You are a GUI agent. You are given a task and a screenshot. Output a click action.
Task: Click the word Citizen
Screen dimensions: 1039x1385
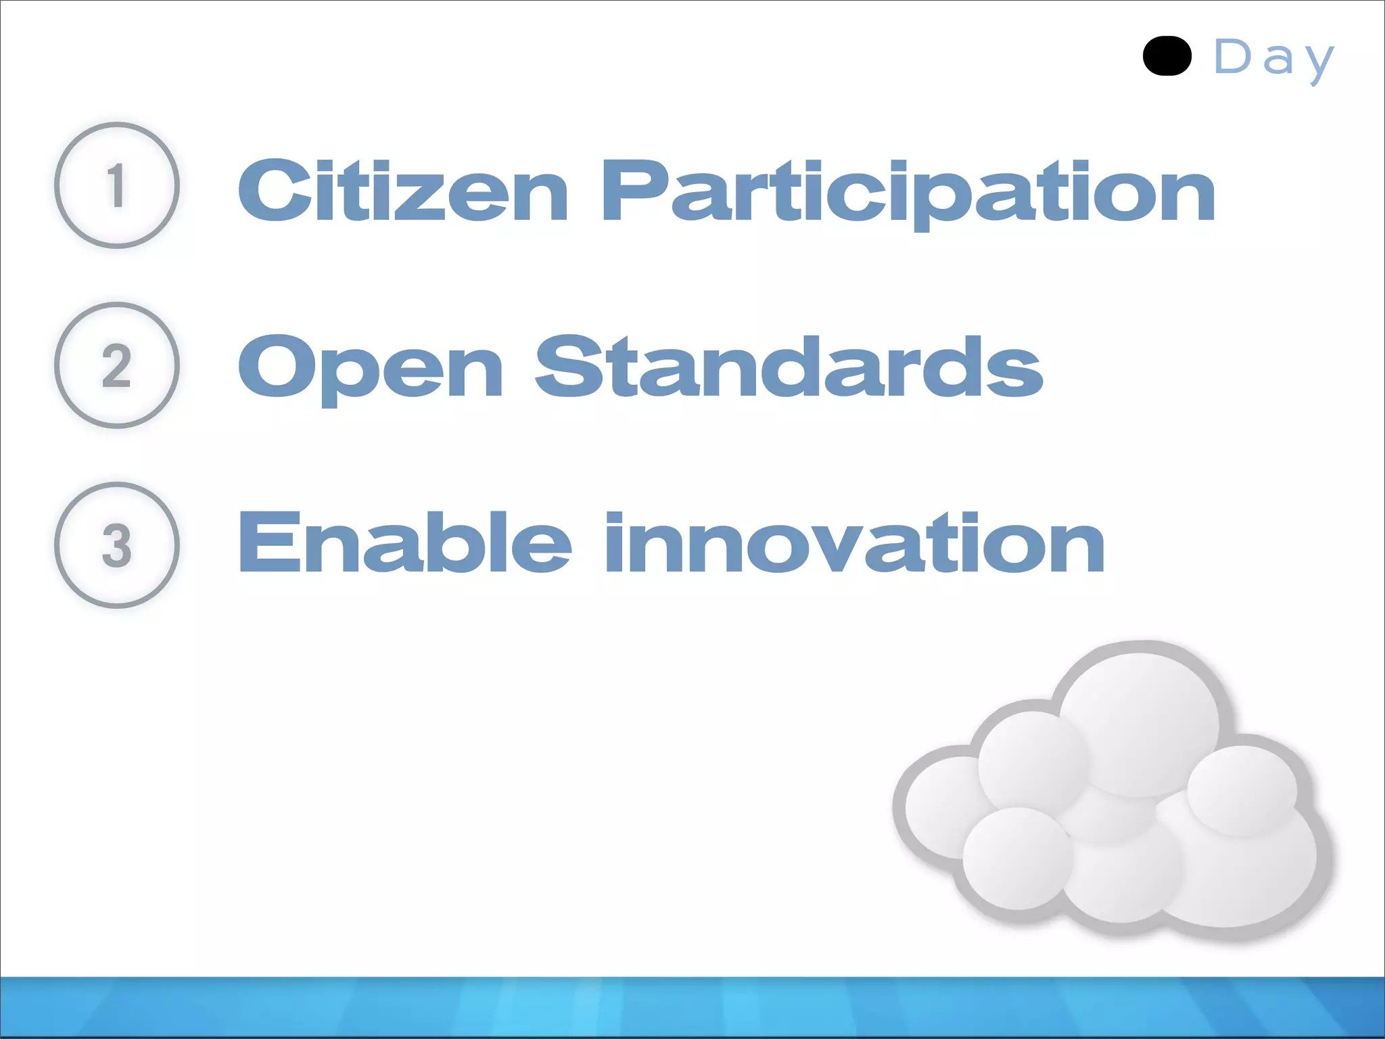403,191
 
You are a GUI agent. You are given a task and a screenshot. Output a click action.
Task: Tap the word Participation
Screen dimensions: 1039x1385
908,192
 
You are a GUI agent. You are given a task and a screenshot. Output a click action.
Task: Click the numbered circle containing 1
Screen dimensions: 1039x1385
117,185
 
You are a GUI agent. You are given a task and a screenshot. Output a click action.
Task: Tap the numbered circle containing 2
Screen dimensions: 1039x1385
117,365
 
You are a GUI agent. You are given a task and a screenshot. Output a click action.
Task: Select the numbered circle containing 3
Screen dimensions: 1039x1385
117,545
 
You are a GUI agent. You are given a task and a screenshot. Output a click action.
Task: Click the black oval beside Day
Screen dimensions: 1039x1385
1167,56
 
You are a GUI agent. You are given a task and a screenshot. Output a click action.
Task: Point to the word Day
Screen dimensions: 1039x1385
1274,58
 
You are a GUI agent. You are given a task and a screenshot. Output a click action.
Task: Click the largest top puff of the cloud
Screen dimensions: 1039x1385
1139,722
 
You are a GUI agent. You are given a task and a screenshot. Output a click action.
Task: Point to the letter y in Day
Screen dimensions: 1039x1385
1319,62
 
